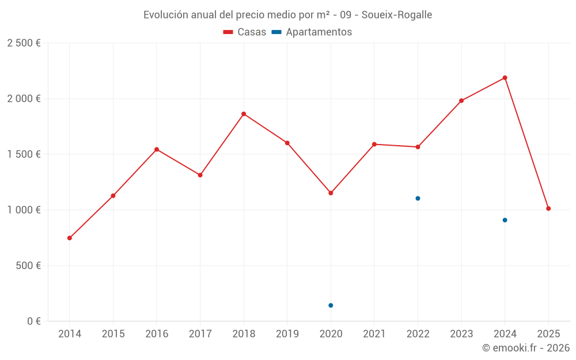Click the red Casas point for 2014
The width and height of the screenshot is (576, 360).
(x=70, y=238)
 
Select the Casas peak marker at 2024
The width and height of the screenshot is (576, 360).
(x=505, y=78)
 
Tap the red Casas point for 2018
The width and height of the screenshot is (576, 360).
(x=244, y=114)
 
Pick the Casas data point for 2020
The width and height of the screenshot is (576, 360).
(x=331, y=193)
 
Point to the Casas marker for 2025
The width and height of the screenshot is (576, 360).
(x=548, y=209)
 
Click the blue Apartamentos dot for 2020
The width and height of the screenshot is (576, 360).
(x=331, y=305)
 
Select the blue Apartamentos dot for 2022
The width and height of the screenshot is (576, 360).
(x=418, y=198)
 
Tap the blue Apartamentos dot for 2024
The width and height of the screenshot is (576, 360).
(x=505, y=220)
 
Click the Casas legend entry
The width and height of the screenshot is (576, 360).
(x=245, y=32)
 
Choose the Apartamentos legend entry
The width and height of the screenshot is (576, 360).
(x=312, y=32)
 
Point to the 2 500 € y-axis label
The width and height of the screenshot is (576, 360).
(x=24, y=43)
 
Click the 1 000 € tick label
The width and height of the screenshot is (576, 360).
(x=24, y=210)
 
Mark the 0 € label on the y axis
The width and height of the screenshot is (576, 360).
(x=32, y=321)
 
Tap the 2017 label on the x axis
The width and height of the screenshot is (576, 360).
(x=200, y=334)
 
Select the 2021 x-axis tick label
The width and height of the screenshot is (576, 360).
(x=374, y=334)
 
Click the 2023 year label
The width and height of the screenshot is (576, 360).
(x=461, y=334)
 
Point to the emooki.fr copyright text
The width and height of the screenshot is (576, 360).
(x=525, y=348)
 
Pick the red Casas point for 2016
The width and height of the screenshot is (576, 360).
(x=157, y=150)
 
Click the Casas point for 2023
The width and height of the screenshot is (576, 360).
(x=461, y=101)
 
